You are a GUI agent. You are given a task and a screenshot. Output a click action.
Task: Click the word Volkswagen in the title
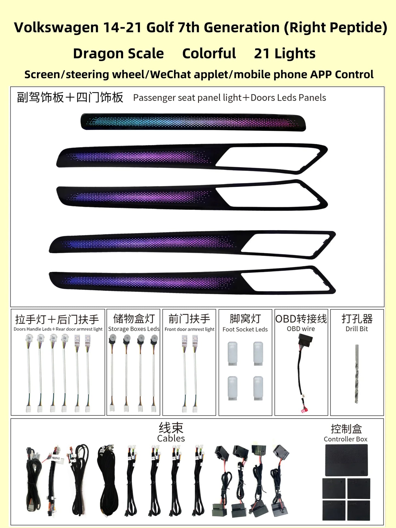pyautogui.click(x=56, y=28)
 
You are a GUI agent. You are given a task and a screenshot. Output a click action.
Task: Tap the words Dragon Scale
pyautogui.click(x=118, y=54)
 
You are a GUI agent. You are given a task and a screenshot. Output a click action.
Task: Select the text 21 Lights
pyautogui.click(x=285, y=54)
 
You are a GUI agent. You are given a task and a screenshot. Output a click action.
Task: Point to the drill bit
pyautogui.click(x=357, y=373)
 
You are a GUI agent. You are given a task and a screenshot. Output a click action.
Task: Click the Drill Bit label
pyautogui.click(x=357, y=329)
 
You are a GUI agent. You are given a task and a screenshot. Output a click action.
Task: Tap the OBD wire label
pyautogui.click(x=301, y=329)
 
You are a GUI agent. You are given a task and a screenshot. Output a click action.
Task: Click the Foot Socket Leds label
pyautogui.click(x=245, y=329)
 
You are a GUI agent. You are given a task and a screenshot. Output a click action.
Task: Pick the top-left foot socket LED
pyautogui.click(x=233, y=353)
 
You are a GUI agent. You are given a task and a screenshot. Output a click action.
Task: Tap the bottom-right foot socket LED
pyautogui.click(x=258, y=388)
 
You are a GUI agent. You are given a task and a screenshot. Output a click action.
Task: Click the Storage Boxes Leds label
pyautogui.click(x=134, y=329)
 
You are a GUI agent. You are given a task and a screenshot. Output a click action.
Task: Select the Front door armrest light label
pyautogui.click(x=189, y=329)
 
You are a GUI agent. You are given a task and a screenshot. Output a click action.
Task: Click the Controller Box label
pyautogui.click(x=345, y=439)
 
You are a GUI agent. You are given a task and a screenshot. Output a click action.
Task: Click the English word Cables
pyautogui.click(x=171, y=438)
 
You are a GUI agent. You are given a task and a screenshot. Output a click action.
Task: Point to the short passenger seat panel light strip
pyautogui.click(x=193, y=122)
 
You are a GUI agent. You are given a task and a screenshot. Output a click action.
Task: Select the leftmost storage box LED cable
pyautogui.click(x=112, y=373)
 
